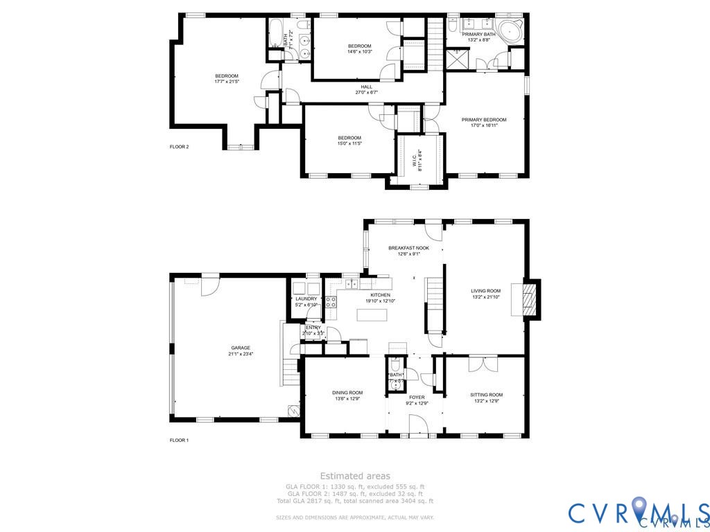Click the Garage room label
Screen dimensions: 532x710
point(241,348)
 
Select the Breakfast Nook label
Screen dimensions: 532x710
point(408,248)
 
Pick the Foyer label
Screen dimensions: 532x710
point(417,398)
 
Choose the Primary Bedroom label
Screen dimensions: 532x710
point(484,120)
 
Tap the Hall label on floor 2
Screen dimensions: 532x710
point(366,87)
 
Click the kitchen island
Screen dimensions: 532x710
point(372,314)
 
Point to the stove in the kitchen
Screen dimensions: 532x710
point(331,302)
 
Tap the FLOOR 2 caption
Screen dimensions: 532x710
point(179,147)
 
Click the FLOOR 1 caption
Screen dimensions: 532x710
point(179,440)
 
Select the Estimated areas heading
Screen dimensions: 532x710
point(354,476)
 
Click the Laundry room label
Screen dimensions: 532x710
point(306,299)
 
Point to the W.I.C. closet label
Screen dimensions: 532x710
point(416,161)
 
